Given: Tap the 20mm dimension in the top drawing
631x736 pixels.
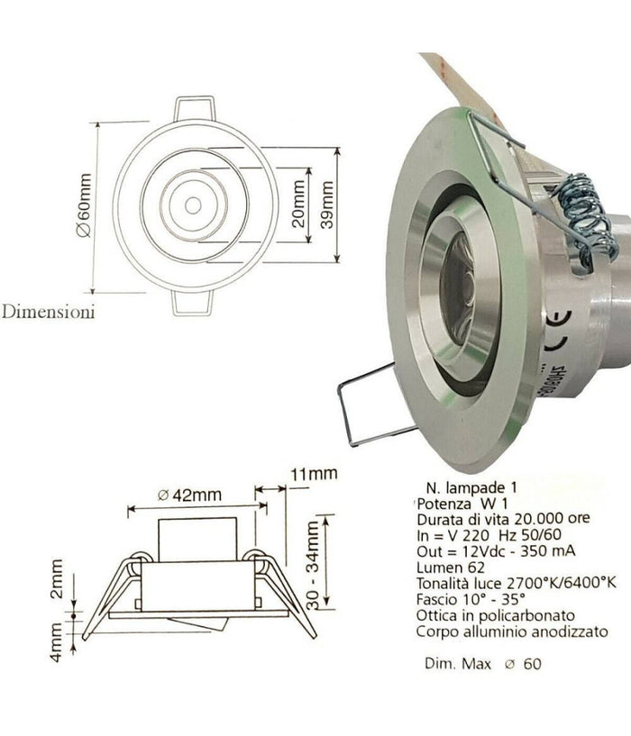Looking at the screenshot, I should (298, 206).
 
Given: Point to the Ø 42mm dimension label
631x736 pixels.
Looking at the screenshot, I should (190, 495).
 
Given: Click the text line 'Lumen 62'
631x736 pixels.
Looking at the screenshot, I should (446, 568).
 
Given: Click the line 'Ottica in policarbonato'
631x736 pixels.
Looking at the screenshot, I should (489, 615).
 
